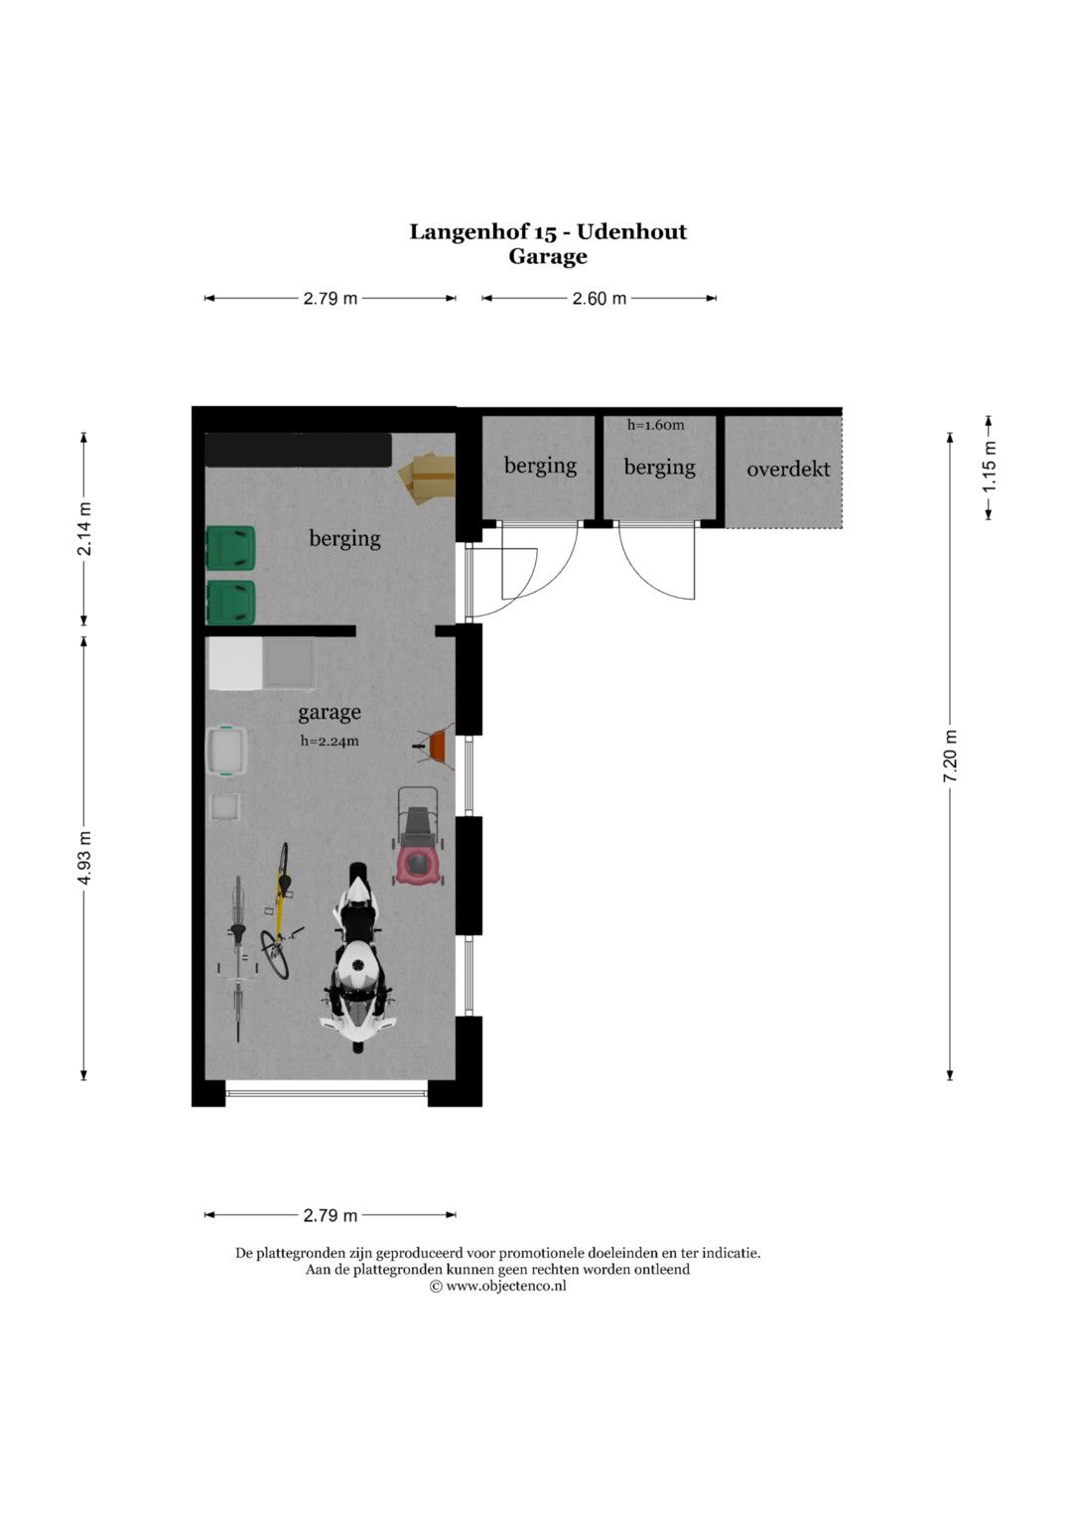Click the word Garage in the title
pyautogui.click(x=548, y=257)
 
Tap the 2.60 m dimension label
pyautogui.click(x=599, y=299)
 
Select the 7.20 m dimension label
pyautogui.click(x=950, y=756)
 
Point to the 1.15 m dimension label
pyautogui.click(x=989, y=467)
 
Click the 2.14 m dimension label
pyautogui.click(x=84, y=528)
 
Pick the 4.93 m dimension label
pyautogui.click(x=84, y=858)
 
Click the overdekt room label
pyautogui.click(x=788, y=469)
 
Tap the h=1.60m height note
pyautogui.click(x=655, y=425)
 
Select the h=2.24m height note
pyautogui.click(x=330, y=741)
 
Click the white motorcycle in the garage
pyautogui.click(x=357, y=957)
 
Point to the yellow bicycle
pyautogui.click(x=280, y=910)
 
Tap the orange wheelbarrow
pyautogui.click(x=435, y=746)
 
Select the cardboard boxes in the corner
pyautogui.click(x=427, y=478)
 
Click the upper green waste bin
pyautogui.click(x=230, y=548)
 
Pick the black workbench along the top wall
pyautogui.click(x=299, y=450)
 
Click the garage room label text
pyautogui.click(x=330, y=713)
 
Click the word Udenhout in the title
pyautogui.click(x=631, y=232)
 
